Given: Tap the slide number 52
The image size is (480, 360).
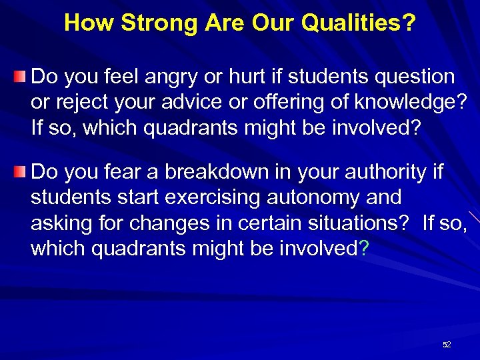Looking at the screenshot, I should pos(447,345).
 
